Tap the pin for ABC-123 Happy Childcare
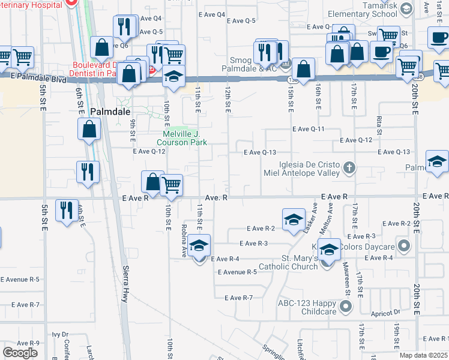click(x=345, y=307)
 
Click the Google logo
click(x=20, y=353)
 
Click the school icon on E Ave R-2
click(x=293, y=220)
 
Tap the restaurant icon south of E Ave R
click(x=66, y=211)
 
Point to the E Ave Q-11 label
click(x=309, y=129)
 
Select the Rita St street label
click(x=379, y=125)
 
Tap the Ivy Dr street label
click(x=61, y=334)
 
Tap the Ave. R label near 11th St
click(x=216, y=197)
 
